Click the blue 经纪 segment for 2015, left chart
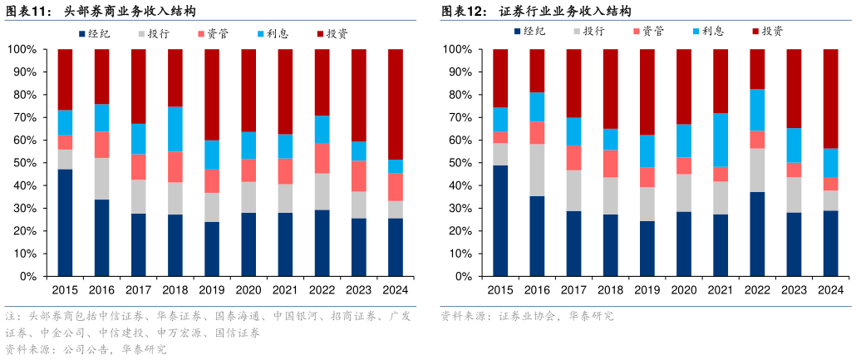coord(65,222)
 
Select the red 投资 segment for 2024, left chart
coord(395,104)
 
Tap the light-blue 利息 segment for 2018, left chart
coord(175,129)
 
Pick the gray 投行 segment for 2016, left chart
coord(101,178)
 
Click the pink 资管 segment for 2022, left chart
coord(322,158)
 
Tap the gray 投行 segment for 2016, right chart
coord(537,170)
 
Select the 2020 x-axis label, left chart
coord(248,290)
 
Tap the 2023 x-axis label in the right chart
coord(794,289)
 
